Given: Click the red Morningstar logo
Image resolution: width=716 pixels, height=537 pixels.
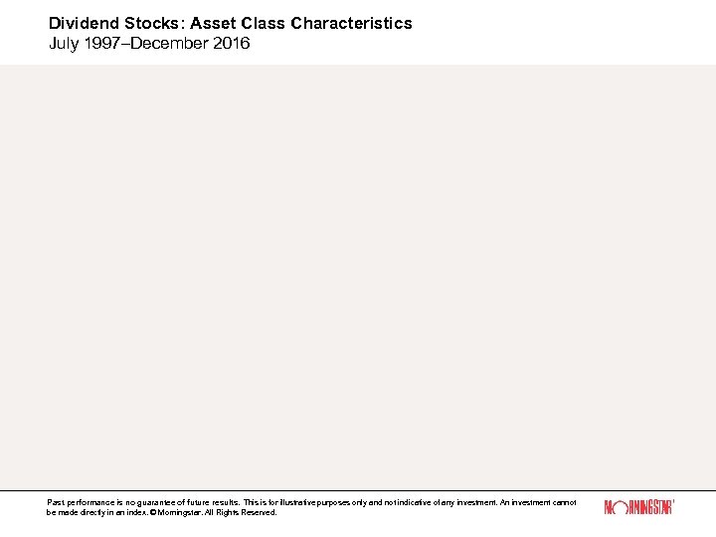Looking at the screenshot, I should (638, 507).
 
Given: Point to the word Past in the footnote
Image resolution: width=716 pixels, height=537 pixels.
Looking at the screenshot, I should (55, 503).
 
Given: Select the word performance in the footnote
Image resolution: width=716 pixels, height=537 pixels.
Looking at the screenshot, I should (88, 503).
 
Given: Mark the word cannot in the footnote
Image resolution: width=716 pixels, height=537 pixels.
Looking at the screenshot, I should (563, 503).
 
